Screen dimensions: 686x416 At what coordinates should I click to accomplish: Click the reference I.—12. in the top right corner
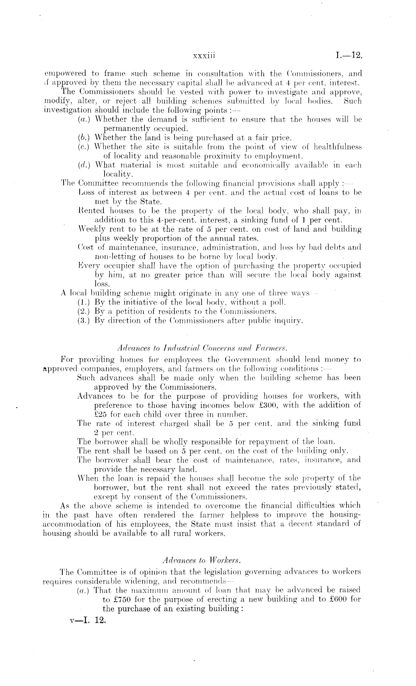(349, 56)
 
